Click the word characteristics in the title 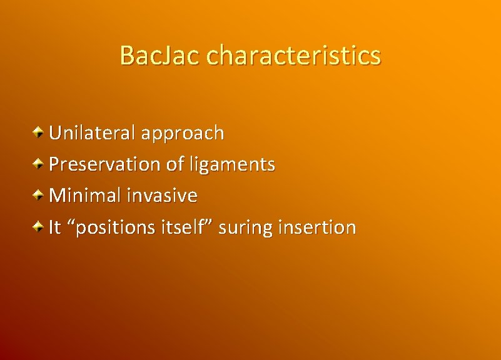(293, 55)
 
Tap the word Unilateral (92, 132)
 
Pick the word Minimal (84, 196)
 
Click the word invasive (162, 196)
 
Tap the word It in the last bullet (55, 227)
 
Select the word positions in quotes (109, 228)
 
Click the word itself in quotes (181, 227)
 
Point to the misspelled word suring (246, 228)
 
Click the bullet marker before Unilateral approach (39, 132)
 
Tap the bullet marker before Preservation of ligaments (39, 163)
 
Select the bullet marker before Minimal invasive (39, 194)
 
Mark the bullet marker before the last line (39, 226)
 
